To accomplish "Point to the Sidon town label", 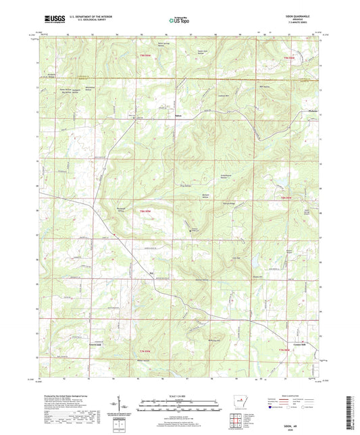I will [179, 114].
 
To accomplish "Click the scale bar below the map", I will [179, 407].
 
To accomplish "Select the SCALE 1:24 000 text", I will [179, 396].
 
